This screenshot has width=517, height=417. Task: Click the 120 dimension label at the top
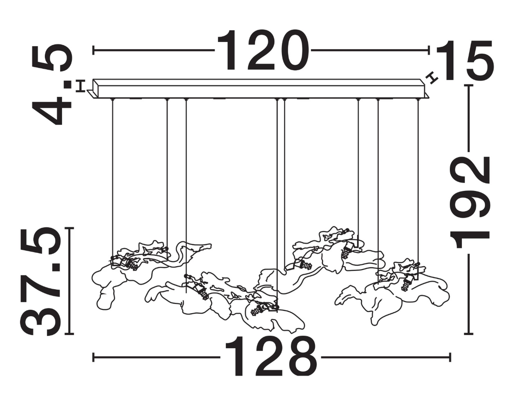point(262,50)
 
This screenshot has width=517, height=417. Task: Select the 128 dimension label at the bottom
point(271,357)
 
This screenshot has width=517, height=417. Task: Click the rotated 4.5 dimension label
point(52,85)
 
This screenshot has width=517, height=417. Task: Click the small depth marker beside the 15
point(431,78)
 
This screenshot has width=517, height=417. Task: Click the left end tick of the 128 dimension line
point(93,357)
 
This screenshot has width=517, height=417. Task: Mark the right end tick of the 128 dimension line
point(450,357)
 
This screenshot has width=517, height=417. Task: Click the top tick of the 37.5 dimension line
point(69,228)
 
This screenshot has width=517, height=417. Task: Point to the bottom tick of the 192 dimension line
point(468,334)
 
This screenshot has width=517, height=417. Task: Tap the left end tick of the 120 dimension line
point(93,50)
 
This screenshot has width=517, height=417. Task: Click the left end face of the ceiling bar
point(96,88)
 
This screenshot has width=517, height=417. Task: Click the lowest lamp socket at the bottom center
point(259,310)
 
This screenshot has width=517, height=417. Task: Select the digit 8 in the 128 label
point(302,357)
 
